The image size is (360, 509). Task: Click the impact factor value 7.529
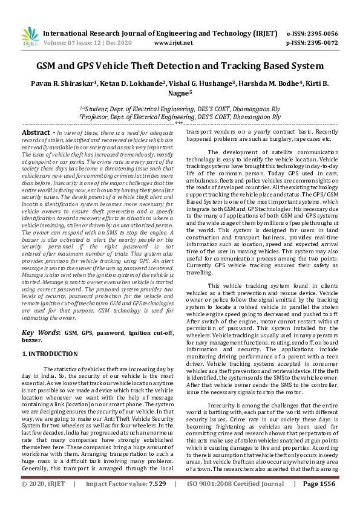[x=159, y=501]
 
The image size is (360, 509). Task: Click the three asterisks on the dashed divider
[x=179, y=123]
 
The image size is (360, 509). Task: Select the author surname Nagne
[x=178, y=94]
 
